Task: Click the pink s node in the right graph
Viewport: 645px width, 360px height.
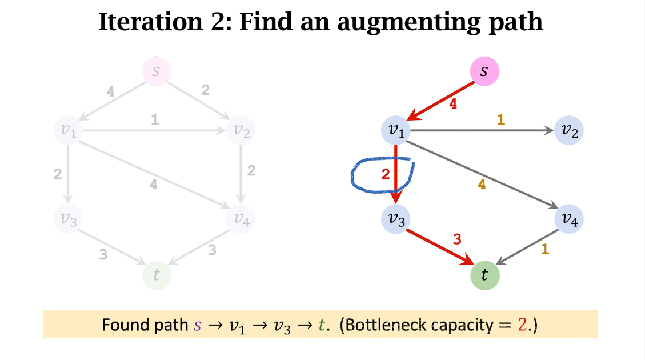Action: point(484,72)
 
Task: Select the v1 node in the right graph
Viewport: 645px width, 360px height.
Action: point(396,131)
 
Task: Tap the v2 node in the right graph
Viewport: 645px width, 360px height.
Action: point(569,131)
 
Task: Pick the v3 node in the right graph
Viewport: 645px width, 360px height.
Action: point(396,219)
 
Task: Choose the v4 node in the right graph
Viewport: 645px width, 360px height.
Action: point(569,219)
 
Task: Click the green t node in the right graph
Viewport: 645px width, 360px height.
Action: point(484,275)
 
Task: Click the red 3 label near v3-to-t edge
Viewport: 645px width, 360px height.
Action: point(456,240)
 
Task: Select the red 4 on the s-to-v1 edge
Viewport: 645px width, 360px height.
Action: point(454,105)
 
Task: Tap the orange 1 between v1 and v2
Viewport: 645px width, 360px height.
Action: point(501,120)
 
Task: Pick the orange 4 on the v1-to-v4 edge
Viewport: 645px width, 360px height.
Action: point(482,185)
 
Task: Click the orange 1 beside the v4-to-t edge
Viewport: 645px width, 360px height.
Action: point(545,249)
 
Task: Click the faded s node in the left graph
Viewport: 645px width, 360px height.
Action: point(156,72)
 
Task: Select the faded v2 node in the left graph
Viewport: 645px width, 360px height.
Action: point(241,131)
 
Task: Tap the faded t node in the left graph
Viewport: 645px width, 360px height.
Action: point(156,275)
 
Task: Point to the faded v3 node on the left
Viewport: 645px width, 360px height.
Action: point(68,219)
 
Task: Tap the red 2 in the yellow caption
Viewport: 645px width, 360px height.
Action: point(522,325)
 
